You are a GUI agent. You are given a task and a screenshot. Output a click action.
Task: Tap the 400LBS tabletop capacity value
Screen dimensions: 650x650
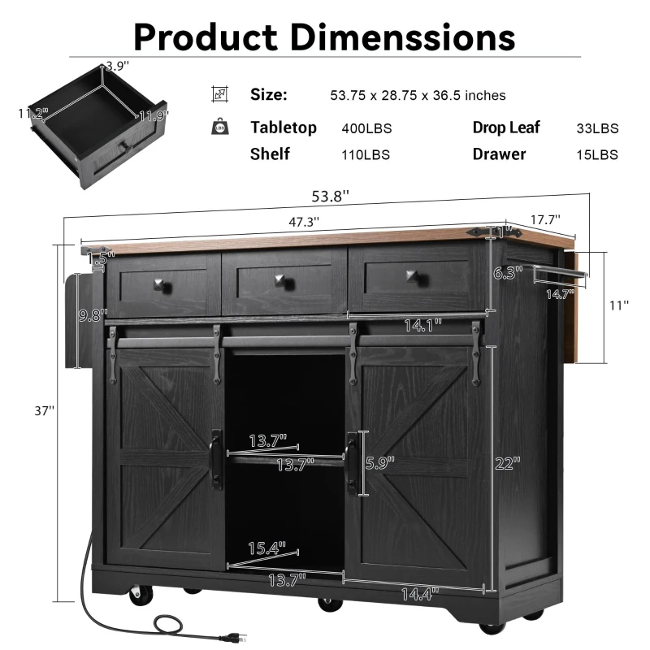[x=366, y=128]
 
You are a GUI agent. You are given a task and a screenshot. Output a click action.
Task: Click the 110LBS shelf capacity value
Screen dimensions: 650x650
[x=366, y=154]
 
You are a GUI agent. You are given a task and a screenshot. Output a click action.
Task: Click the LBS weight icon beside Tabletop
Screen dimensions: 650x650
[x=220, y=127]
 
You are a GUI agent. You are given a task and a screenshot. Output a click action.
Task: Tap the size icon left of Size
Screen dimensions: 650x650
[x=220, y=94]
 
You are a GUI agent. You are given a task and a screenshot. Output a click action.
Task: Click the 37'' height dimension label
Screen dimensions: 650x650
[x=43, y=412]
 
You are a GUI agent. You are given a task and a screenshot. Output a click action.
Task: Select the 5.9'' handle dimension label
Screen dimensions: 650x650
[x=379, y=464]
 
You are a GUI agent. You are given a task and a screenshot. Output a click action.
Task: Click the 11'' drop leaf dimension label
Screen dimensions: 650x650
[x=618, y=305]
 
